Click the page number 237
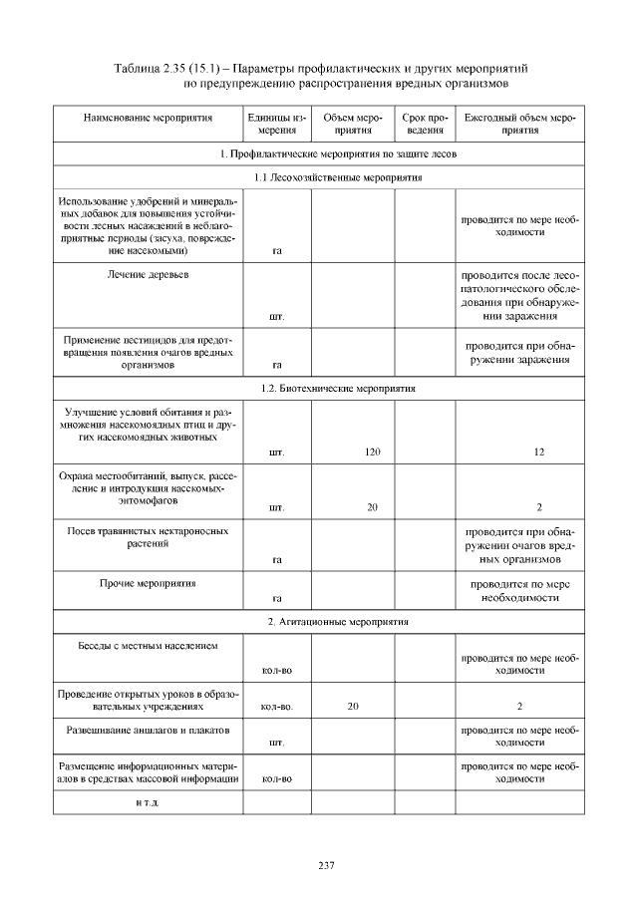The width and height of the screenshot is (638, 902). tap(325, 864)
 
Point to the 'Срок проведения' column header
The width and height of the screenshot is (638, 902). tap(425, 124)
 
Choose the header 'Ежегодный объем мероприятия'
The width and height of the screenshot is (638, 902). tap(521, 124)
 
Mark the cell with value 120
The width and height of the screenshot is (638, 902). tap(372, 452)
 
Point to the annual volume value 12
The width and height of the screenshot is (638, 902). tap(538, 452)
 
